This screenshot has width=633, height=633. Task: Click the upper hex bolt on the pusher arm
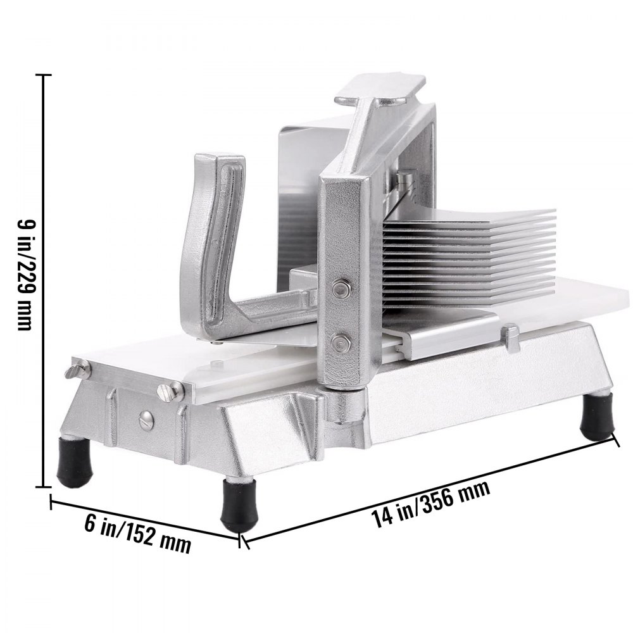pyautogui.click(x=342, y=289)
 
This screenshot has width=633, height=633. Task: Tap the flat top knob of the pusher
pyautogui.click(x=380, y=92)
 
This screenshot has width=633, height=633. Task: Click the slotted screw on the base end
pyautogui.click(x=146, y=418)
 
